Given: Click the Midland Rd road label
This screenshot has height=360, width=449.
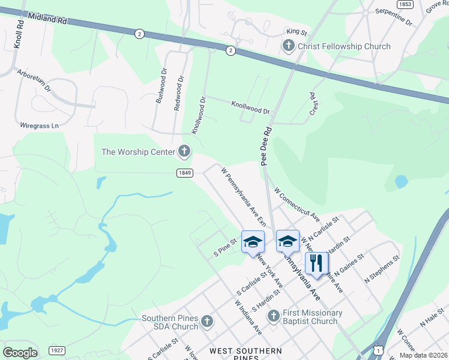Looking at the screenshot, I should pyautogui.click(x=46, y=19).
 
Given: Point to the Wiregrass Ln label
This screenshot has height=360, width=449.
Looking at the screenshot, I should pyautogui.click(x=40, y=126).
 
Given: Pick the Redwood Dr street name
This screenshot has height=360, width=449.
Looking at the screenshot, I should pyautogui.click(x=178, y=92).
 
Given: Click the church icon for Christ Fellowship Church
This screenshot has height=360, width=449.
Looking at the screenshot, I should pyautogui.click(x=288, y=46).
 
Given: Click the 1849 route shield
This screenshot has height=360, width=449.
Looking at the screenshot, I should pyautogui.click(x=184, y=173).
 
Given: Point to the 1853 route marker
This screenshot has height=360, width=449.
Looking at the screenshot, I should pyautogui.click(x=406, y=4).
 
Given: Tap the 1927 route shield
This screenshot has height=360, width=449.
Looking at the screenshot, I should pyautogui.click(x=58, y=350).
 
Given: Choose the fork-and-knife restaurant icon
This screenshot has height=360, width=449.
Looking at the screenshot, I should pyautogui.click(x=316, y=263).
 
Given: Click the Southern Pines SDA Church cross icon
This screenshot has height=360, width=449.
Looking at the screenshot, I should pyautogui.click(x=207, y=322).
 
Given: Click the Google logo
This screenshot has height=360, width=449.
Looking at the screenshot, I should pyautogui.click(x=20, y=353).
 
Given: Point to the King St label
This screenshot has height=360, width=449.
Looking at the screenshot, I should pyautogui.click(x=297, y=31).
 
